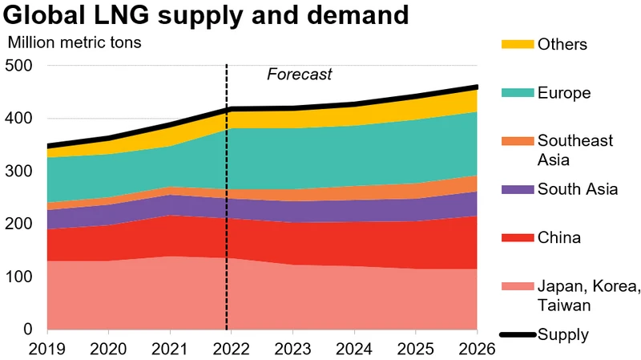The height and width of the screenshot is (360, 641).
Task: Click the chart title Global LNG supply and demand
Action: (206, 15)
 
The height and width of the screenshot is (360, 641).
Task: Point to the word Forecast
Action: (299, 75)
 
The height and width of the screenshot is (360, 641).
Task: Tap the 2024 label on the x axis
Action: (354, 349)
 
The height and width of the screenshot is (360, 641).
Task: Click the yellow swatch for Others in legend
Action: (518, 43)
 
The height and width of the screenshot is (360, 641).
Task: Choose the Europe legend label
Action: (565, 93)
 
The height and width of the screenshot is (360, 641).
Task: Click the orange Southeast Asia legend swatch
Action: (518, 141)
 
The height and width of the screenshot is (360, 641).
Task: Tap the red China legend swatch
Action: (518, 237)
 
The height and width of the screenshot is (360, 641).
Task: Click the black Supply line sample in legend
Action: (518, 334)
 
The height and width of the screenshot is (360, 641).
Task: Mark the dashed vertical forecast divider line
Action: (227, 200)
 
